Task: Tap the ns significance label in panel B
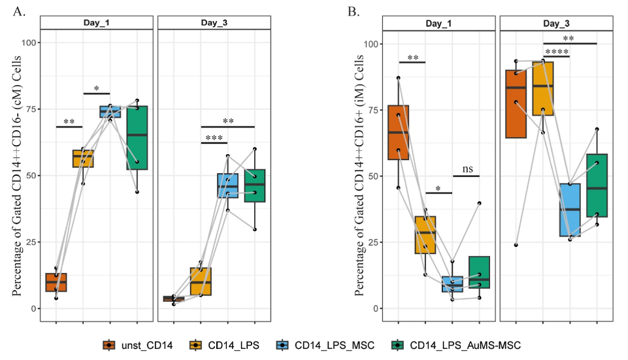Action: pyautogui.click(x=467, y=169)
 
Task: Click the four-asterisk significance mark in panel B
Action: pyautogui.click(x=557, y=52)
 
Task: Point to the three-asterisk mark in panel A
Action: pyautogui.click(x=214, y=139)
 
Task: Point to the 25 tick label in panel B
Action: pyautogui.click(x=370, y=242)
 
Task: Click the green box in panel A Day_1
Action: pyautogui.click(x=137, y=138)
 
